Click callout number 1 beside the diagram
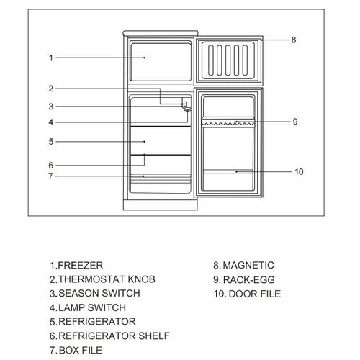coord(51,58)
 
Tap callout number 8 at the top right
coord(294,40)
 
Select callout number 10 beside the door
coord(299,172)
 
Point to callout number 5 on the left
coord(51,142)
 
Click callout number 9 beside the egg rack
coord(295,122)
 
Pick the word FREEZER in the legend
coord(81,266)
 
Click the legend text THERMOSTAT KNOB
coord(107,279)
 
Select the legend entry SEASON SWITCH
coord(99,293)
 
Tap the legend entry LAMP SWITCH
coord(92,307)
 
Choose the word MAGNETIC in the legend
coord(248,265)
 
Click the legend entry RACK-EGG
coord(249,279)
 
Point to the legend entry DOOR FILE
coord(255,294)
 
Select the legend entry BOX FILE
coord(81,350)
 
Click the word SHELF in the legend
coord(154,336)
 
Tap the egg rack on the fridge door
coord(228,122)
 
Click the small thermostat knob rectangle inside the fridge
coord(185,104)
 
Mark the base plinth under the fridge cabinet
coord(161,205)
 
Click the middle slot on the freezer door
coord(228,60)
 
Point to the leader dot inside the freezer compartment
coord(144,58)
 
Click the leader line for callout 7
coord(99,176)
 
